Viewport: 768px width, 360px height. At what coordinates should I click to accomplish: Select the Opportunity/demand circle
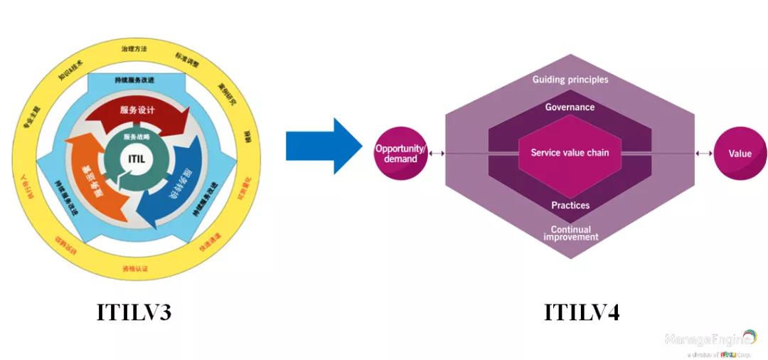(400, 153)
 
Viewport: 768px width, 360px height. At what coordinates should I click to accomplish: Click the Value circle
(740, 154)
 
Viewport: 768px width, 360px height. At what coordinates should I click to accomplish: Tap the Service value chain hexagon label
(570, 152)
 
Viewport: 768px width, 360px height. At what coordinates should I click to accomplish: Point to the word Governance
(570, 107)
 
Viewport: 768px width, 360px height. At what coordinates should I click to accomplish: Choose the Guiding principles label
(570, 80)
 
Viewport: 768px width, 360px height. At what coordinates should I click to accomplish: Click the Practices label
(570, 206)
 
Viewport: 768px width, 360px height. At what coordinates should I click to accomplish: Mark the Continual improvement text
(570, 233)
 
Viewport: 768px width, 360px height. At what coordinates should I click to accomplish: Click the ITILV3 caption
(134, 312)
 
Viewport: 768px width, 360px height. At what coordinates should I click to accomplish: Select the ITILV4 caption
(582, 312)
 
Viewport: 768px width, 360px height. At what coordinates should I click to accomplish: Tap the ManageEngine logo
(710, 341)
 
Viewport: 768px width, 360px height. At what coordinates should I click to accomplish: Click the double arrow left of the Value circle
(704, 153)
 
